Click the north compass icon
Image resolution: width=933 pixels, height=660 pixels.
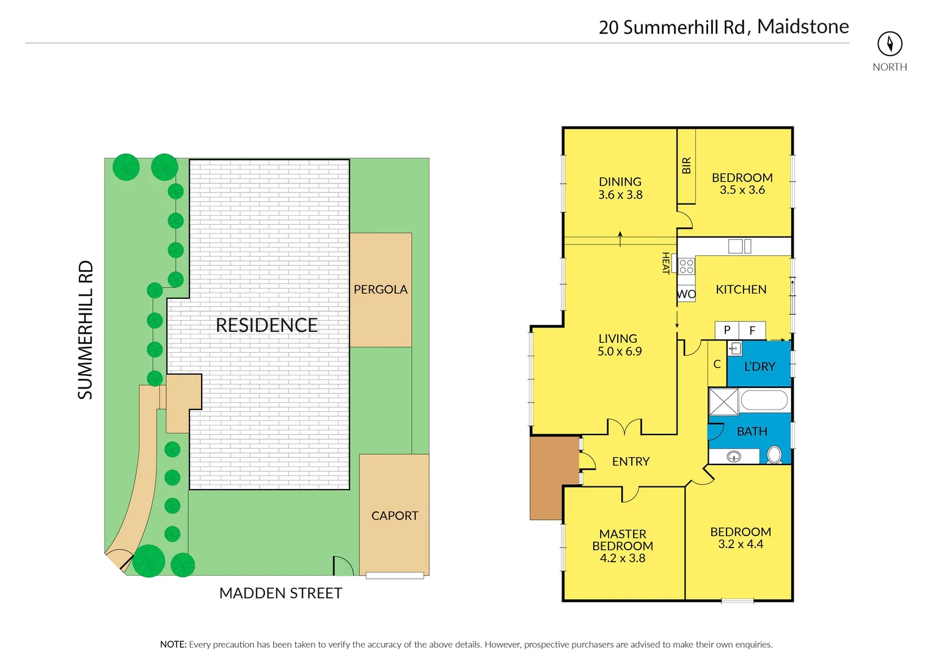click(x=890, y=44)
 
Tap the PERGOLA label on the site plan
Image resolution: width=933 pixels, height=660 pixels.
click(x=380, y=290)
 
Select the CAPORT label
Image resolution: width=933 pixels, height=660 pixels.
click(x=395, y=516)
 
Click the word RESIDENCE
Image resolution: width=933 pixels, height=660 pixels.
click(x=266, y=326)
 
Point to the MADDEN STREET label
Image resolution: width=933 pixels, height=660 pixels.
click(x=280, y=593)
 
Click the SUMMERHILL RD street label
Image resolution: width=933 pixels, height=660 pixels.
click(x=86, y=330)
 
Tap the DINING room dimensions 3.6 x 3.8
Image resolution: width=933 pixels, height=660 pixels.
click(x=620, y=195)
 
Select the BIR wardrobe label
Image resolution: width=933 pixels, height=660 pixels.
click(x=686, y=166)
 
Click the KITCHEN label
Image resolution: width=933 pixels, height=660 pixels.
click(x=741, y=290)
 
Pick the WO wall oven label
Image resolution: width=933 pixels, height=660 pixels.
click(x=686, y=295)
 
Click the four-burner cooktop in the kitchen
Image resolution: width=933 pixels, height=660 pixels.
click(x=686, y=266)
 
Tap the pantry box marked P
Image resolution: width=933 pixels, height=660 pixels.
click(x=726, y=330)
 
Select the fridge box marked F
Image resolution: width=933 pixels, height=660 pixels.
click(x=752, y=330)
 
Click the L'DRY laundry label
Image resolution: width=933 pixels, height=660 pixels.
click(x=759, y=367)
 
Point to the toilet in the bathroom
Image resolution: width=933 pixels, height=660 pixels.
click(x=774, y=455)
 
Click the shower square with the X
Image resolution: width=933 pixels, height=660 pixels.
click(x=723, y=402)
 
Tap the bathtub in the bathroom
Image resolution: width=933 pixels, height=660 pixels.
click(x=764, y=401)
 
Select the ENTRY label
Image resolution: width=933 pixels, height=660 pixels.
click(x=631, y=462)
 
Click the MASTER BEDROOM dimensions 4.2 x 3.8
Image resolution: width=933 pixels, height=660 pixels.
click(x=622, y=558)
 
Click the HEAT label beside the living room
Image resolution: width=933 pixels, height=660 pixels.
click(x=666, y=263)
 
